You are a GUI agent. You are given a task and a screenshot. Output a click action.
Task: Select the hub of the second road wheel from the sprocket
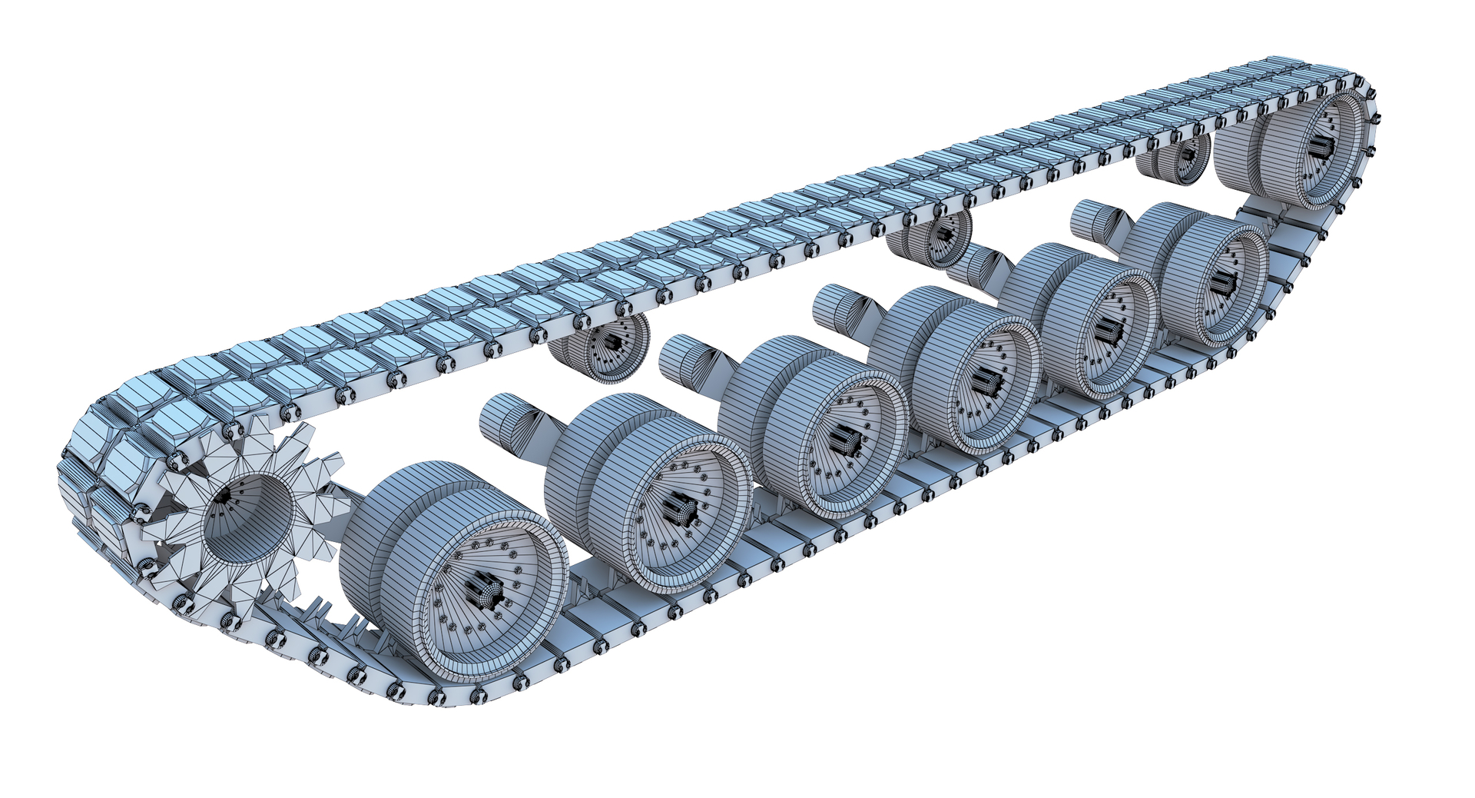coord(682,510)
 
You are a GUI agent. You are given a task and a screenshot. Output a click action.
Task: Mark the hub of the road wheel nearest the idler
coord(1222,285)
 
